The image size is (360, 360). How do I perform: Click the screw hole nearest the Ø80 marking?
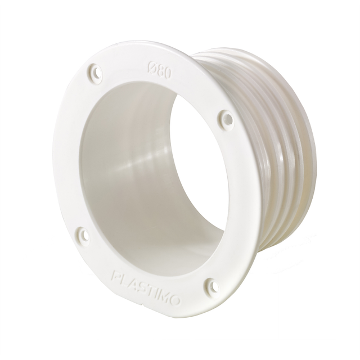point(96,73)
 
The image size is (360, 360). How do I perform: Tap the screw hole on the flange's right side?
point(227,118)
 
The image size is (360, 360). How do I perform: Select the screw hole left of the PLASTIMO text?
point(83,235)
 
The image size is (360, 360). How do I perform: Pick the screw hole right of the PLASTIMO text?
point(213,287)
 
